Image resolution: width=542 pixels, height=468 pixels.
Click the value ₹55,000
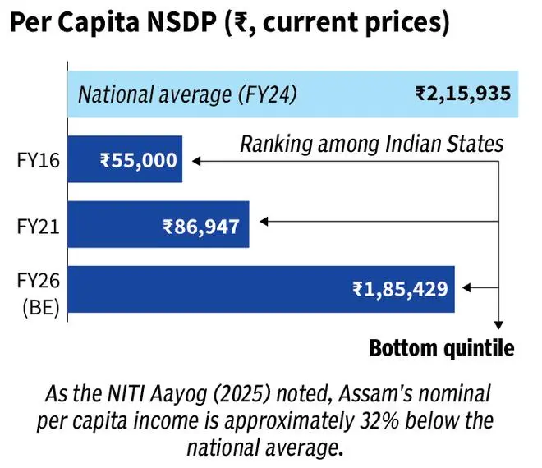click(139, 159)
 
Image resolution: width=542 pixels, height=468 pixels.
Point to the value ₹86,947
click(201, 224)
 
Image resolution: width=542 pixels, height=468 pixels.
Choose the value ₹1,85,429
click(400, 289)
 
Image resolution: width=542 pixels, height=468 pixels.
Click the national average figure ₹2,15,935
click(461, 93)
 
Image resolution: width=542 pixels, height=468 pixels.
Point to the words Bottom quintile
click(441, 348)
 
